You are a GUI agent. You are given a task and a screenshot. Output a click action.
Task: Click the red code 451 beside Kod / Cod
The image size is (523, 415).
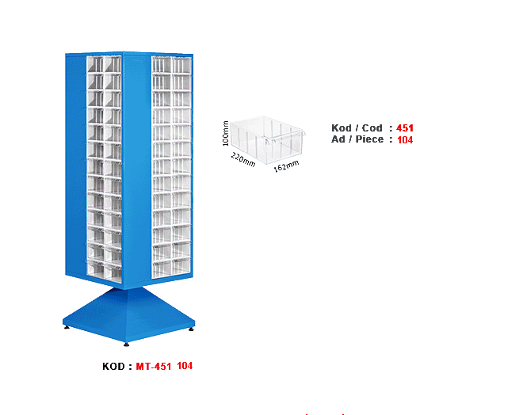pos(406,128)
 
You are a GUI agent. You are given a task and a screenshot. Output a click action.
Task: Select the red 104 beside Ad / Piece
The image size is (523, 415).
pos(406,139)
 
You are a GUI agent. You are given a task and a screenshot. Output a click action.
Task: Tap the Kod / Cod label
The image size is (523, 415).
pos(357,128)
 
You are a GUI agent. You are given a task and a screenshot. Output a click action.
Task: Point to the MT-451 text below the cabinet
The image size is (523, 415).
pos(153,366)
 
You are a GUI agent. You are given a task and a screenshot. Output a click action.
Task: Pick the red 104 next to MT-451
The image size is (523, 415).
pos(185,366)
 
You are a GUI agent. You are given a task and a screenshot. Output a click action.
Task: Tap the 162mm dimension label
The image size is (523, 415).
pos(286,166)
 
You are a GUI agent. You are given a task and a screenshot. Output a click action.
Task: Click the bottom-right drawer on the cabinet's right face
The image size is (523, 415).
pos(182,268)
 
